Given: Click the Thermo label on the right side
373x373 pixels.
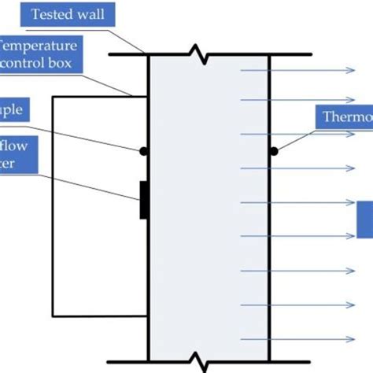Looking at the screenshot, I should (x=347, y=117).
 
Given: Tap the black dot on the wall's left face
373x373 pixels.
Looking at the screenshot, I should (x=143, y=151).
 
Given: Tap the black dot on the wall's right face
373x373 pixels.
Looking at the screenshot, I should (x=274, y=151).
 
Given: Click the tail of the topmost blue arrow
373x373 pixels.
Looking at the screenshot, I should (x=242, y=71).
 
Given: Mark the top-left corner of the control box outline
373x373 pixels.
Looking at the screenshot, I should (x=54, y=97).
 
